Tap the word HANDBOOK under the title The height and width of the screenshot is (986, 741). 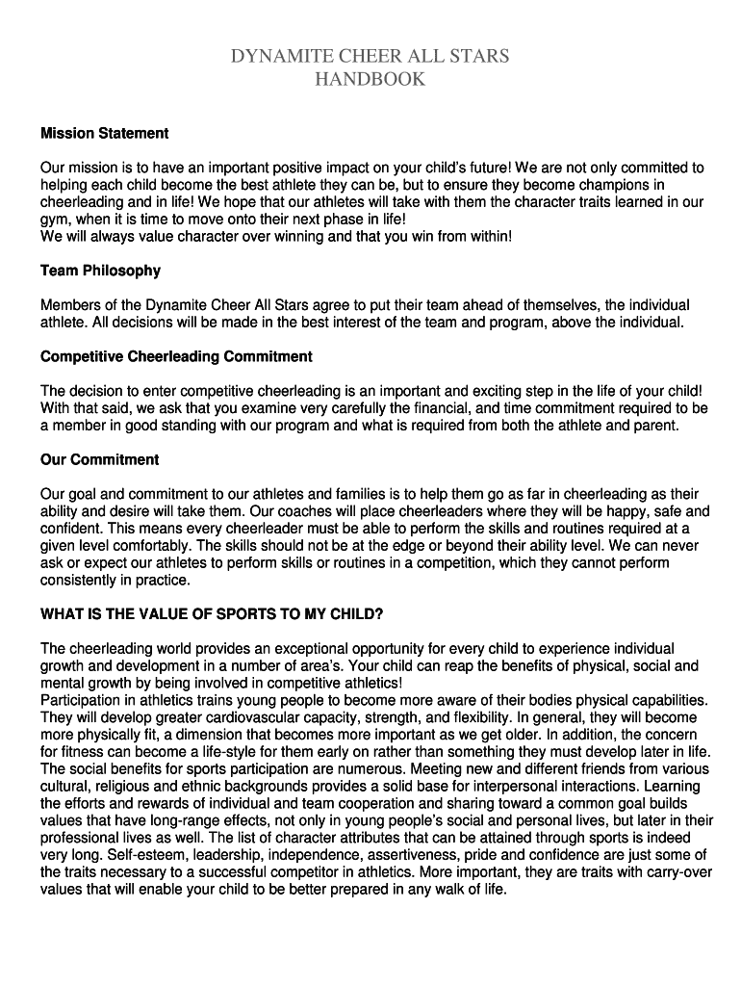(370, 80)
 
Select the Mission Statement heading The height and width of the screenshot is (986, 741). (104, 133)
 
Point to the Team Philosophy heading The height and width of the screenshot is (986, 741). (100, 271)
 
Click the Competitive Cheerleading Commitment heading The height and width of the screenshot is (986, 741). (176, 356)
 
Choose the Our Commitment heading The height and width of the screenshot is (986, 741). (99, 459)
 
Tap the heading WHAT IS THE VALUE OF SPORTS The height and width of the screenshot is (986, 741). (212, 613)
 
